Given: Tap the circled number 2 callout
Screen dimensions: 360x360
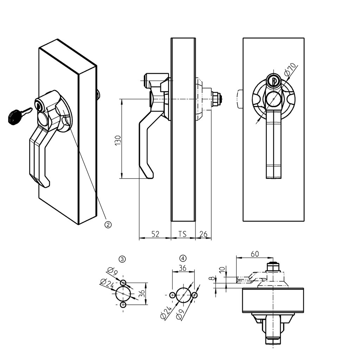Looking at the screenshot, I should (108, 224).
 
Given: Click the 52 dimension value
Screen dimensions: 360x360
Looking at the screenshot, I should (155, 234).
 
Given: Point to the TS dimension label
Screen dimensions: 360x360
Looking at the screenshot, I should (182, 234).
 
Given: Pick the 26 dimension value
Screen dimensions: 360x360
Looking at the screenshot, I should (204, 234).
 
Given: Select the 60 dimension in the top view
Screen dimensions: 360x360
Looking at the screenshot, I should (255, 253).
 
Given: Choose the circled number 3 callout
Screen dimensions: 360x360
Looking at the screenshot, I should (122, 259).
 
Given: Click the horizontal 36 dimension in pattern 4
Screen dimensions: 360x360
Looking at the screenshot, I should (183, 268).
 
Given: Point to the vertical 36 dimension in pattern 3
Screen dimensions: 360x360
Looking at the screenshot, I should (141, 294).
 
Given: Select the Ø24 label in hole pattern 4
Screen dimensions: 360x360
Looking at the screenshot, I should (166, 312).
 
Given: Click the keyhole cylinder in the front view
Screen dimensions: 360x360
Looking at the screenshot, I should (273, 81).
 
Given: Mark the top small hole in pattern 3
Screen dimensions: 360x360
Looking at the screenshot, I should (123, 283).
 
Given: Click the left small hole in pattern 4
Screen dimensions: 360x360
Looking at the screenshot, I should (172, 295).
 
